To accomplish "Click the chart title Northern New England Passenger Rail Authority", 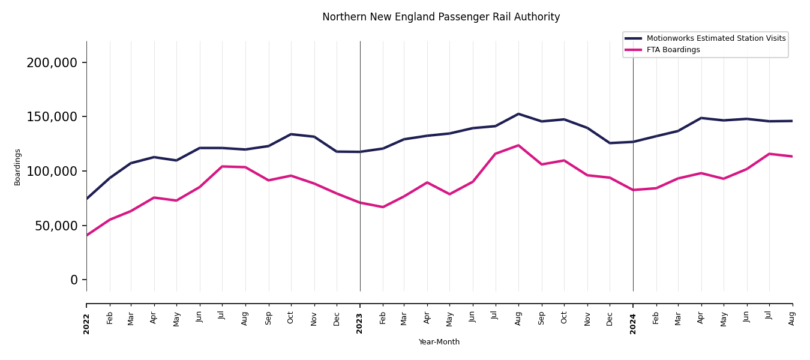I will coord(441,17).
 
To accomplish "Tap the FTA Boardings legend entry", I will coord(673,50).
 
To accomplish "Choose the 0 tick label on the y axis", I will coord(74,280).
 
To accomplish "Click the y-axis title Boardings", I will coord(17,167).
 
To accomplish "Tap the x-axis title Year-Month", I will coord(439,342).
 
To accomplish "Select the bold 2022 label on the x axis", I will coord(86,323).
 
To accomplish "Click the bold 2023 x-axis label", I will coord(360,323).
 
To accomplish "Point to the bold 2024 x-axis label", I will coord(633,323).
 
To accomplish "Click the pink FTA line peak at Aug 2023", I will coord(518,145).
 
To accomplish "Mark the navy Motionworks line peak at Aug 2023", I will coord(518,114).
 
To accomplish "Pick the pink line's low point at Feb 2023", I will coord(383,207).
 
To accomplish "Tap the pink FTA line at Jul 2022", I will coord(222,167).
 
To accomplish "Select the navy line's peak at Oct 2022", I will coord(291,134).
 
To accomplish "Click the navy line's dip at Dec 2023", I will coord(610,143).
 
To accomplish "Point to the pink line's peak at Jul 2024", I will coord(769,154).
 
